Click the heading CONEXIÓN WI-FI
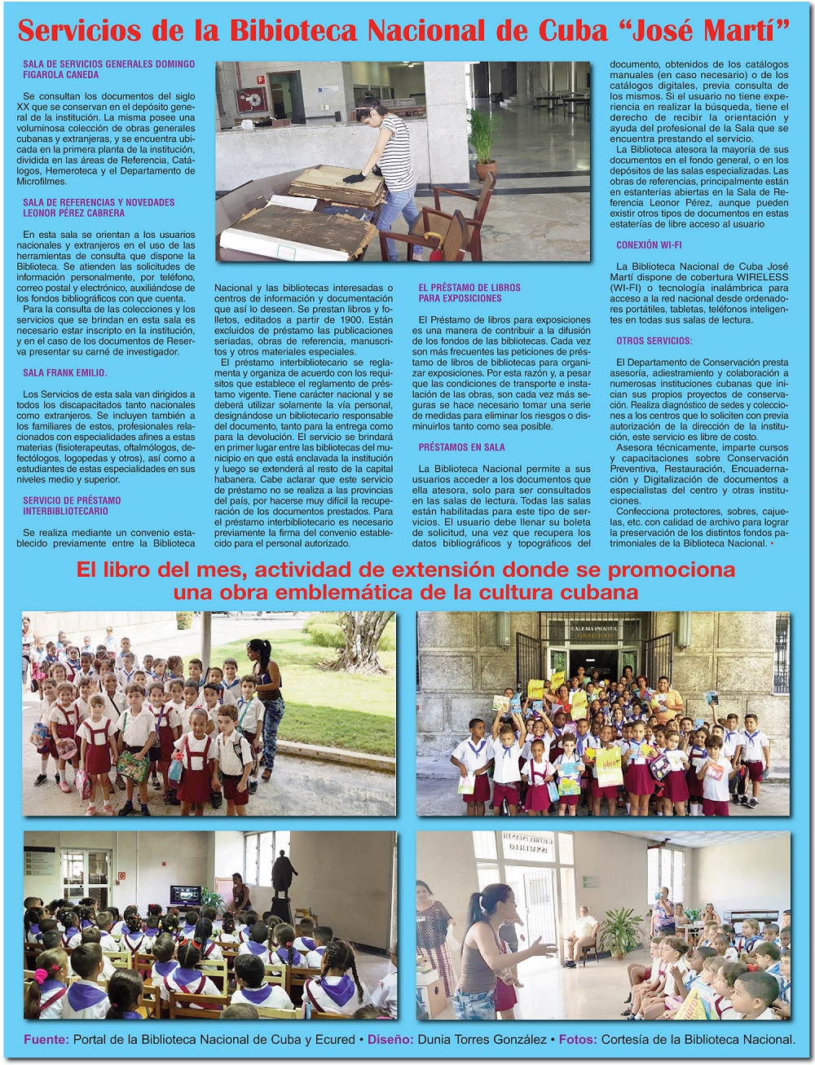pyautogui.click(x=649, y=245)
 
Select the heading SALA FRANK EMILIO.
pyautogui.click(x=65, y=373)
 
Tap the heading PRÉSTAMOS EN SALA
pyautogui.click(x=461, y=447)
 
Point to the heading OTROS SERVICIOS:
pyautogui.click(x=654, y=341)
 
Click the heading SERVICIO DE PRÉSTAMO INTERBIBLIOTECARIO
pyautogui.click(x=72, y=506)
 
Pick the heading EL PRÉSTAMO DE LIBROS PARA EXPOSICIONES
pyautogui.click(x=469, y=293)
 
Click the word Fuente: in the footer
pyautogui.click(x=46, y=1040)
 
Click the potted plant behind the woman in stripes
pyautogui.click(x=483, y=143)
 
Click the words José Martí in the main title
pyautogui.click(x=711, y=31)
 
